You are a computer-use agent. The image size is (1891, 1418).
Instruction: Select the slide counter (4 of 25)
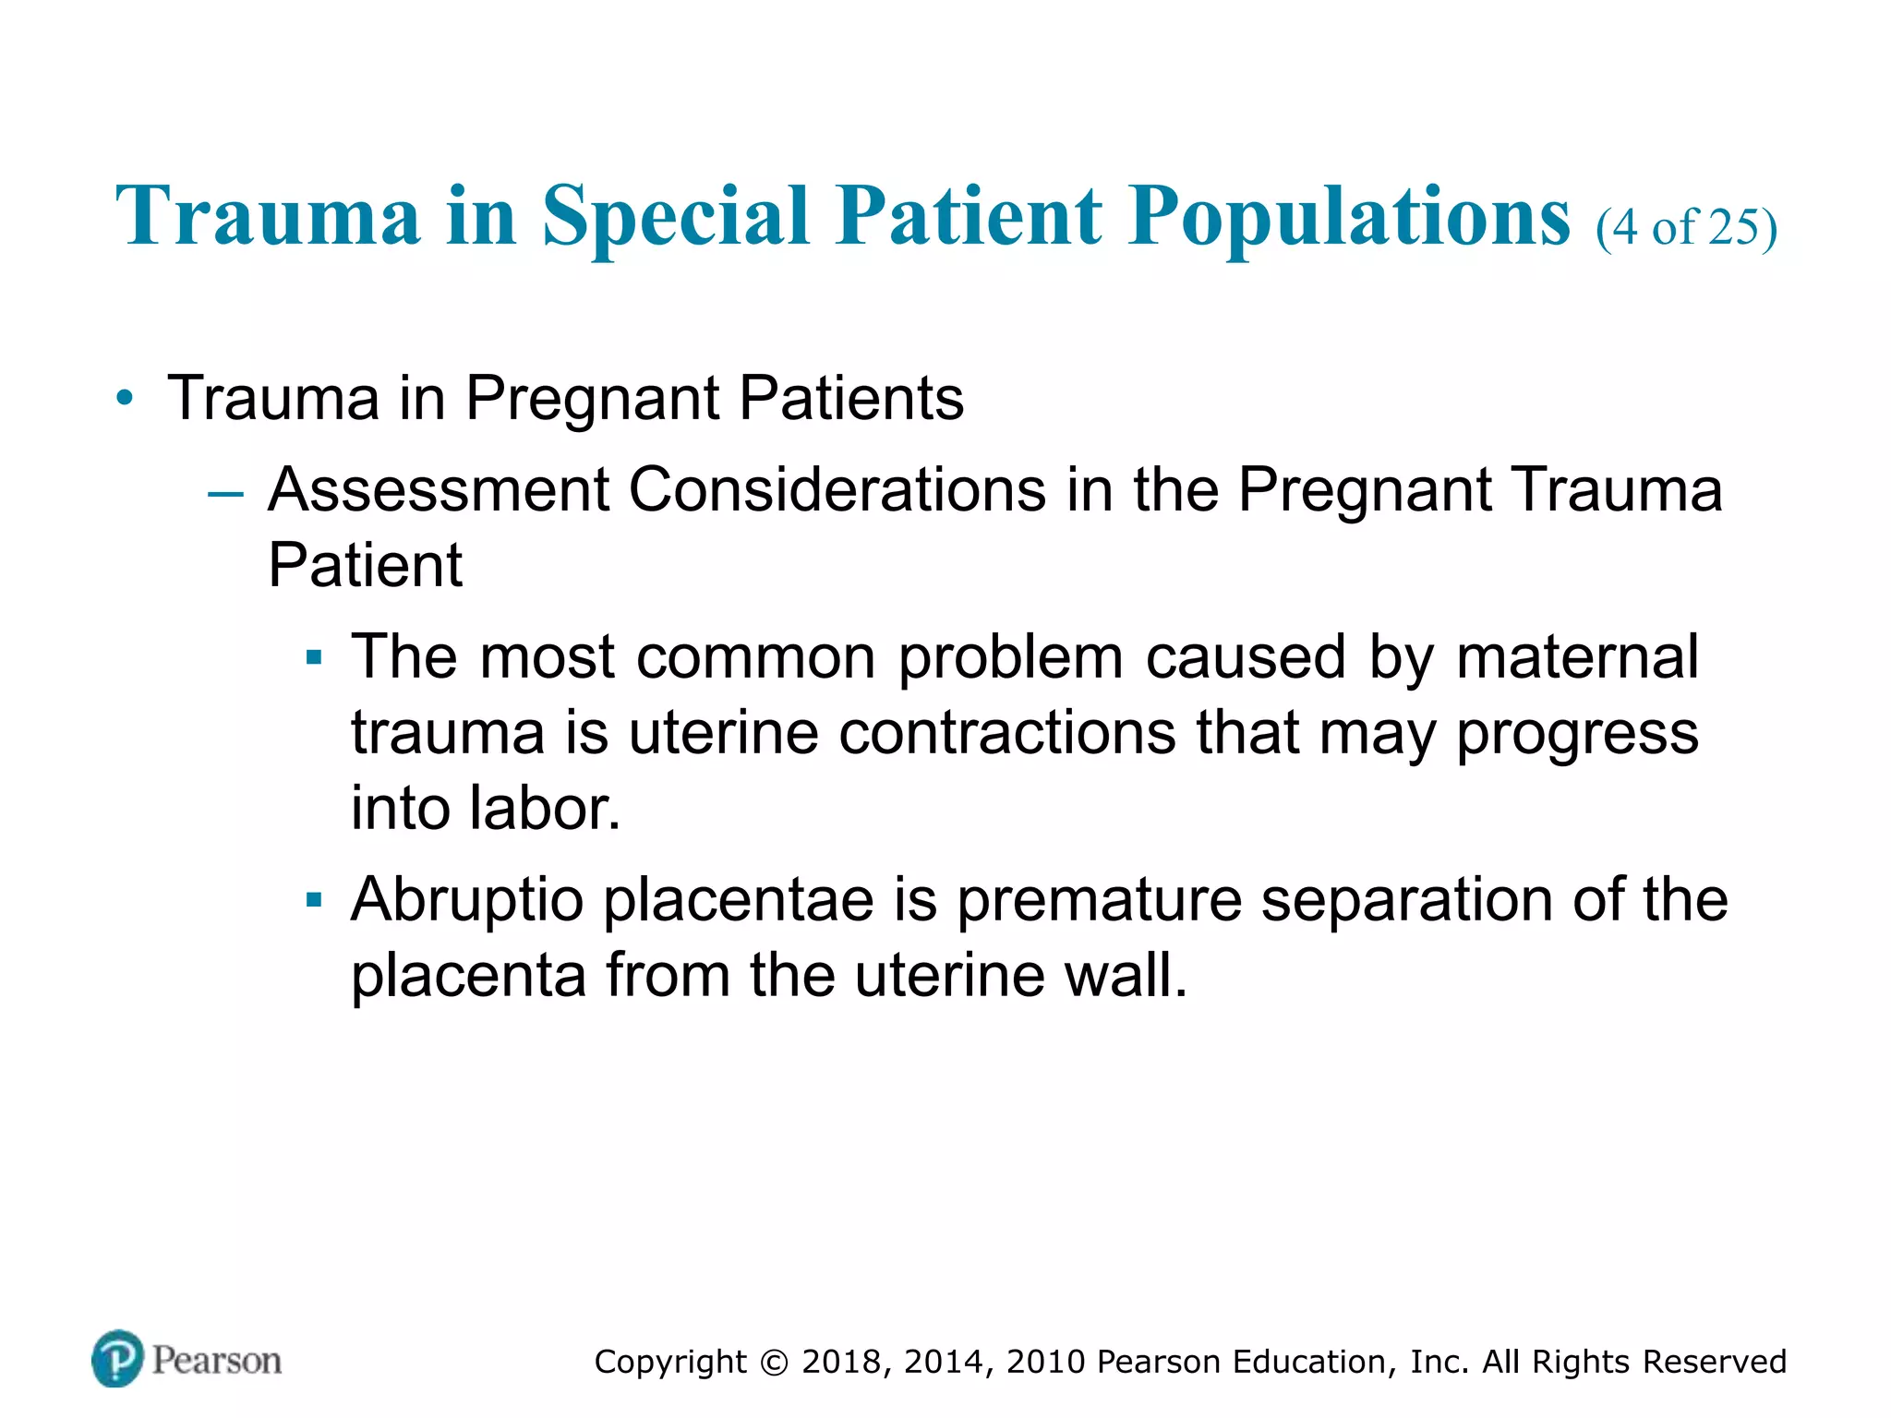pos(1686,227)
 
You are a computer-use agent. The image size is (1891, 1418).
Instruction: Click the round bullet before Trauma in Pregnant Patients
pos(125,399)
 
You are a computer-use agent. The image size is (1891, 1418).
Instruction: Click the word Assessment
pos(438,489)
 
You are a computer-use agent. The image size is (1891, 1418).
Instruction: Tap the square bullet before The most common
pos(314,658)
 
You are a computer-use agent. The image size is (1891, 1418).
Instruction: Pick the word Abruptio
pos(466,900)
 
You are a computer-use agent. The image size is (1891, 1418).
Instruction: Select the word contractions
pos(1007,734)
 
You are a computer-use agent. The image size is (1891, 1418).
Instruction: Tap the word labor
pos(545,809)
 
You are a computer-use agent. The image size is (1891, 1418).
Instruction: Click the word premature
pos(1099,900)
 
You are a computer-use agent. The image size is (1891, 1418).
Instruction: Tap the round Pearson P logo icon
pos(117,1359)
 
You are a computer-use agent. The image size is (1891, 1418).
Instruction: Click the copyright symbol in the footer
pos(774,1363)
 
